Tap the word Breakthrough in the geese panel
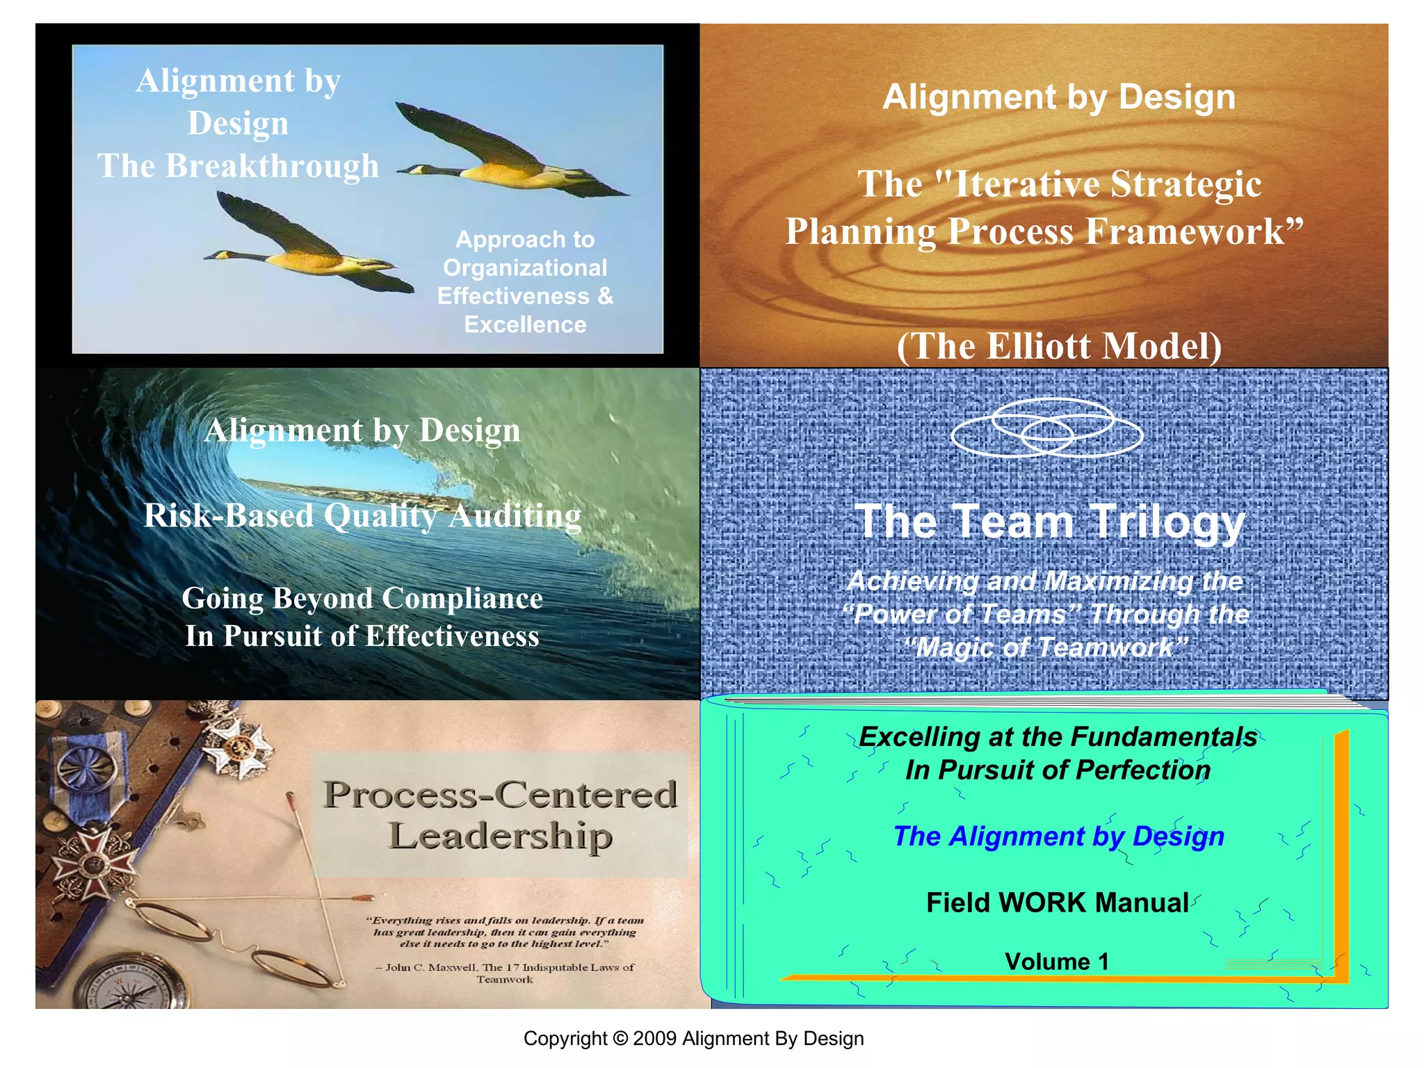[x=272, y=165]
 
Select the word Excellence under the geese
[x=525, y=325]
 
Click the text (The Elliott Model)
[x=1059, y=346]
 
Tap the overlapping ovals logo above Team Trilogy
[x=1046, y=428]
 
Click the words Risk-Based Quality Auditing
[x=362, y=516]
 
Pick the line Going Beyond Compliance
[x=362, y=598]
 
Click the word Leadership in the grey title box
[x=500, y=836]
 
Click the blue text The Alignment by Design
[x=1058, y=836]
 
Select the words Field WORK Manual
[x=1057, y=903]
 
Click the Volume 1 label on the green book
[x=1057, y=962]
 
